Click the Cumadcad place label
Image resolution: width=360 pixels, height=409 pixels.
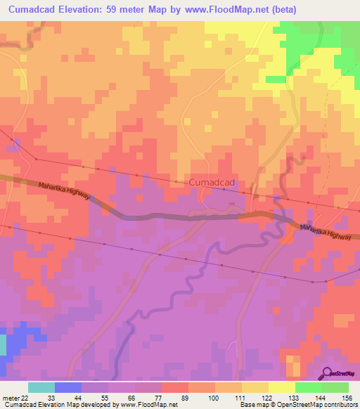212,183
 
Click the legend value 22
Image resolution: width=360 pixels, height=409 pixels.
27,397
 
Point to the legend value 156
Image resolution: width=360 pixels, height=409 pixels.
344,397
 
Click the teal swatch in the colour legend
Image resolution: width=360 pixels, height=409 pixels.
41,387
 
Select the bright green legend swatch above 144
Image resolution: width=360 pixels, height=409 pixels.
308,387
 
